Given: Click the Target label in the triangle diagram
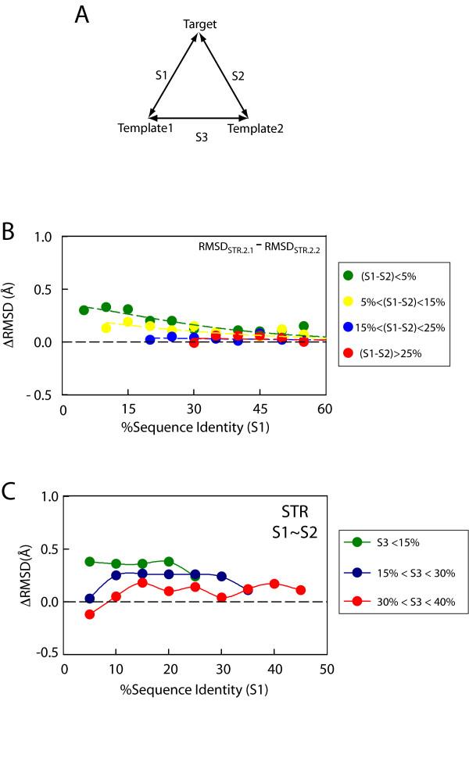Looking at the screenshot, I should click(199, 25).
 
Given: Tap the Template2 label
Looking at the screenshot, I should click(255, 127).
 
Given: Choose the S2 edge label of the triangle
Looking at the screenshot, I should click(239, 76).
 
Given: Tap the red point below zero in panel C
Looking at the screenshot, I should click(90, 614).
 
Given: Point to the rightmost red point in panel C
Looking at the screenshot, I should click(300, 590).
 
